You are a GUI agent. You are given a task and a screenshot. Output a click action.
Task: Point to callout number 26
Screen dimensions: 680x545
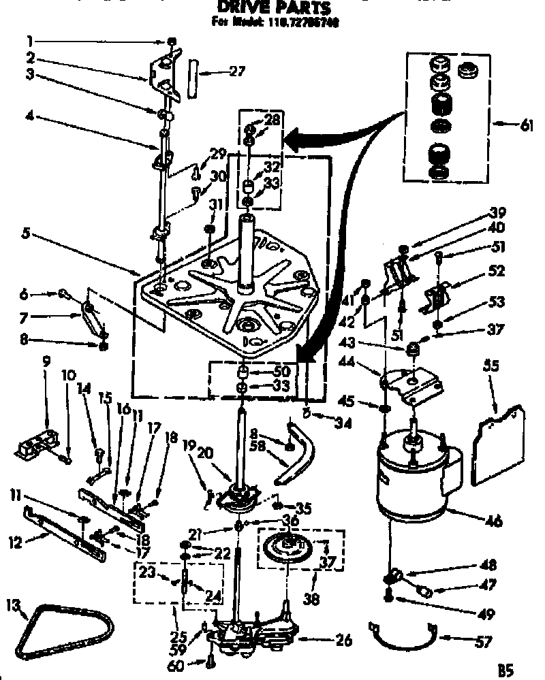pyautogui.click(x=344, y=640)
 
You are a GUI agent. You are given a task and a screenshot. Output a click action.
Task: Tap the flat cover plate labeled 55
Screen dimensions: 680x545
pyautogui.click(x=497, y=446)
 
